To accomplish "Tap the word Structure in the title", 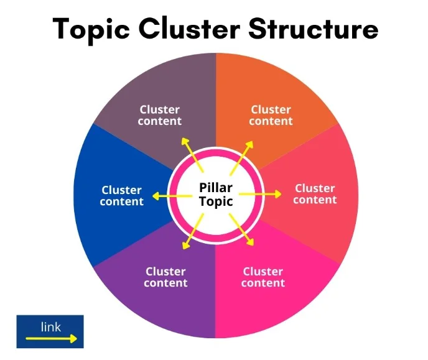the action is pyautogui.click(x=314, y=29).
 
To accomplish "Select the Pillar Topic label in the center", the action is pyautogui.click(x=216, y=195).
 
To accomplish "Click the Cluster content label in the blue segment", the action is pyautogui.click(x=122, y=196).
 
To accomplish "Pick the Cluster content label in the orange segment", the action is pyautogui.click(x=271, y=115).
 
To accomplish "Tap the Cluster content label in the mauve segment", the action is pyautogui.click(x=160, y=115).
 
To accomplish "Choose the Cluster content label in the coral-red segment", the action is pyautogui.click(x=315, y=194).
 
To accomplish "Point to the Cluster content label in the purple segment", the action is pyautogui.click(x=165, y=277).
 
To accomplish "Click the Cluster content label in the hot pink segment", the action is pyautogui.click(x=263, y=277).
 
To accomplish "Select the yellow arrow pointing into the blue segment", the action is pyautogui.click(x=172, y=196).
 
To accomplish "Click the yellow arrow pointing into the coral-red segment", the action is pyautogui.click(x=260, y=194).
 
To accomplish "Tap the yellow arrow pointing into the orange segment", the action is pyautogui.click(x=242, y=158).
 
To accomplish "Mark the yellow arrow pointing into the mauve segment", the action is pyautogui.click(x=192, y=155).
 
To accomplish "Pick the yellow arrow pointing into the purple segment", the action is pyautogui.click(x=193, y=231).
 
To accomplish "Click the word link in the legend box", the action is pyautogui.click(x=51, y=327).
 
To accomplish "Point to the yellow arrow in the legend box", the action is pyautogui.click(x=51, y=339).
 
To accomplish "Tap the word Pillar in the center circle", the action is pyautogui.click(x=216, y=188).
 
